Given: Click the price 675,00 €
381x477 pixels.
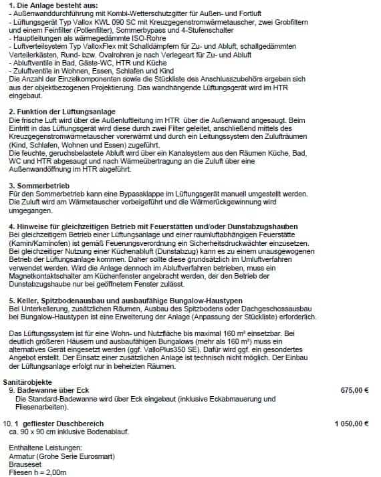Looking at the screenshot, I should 354,389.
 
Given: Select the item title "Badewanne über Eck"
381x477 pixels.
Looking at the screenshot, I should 55,389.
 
